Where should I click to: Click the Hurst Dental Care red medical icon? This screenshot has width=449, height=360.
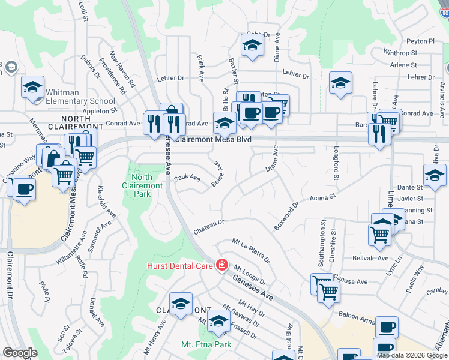(x=222, y=265)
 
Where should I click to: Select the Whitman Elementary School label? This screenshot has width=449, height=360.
(x=80, y=97)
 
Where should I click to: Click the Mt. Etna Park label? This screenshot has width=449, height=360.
(x=206, y=345)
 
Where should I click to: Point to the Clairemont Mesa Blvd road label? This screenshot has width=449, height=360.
(x=212, y=139)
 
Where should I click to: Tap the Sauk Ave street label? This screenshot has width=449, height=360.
(x=187, y=178)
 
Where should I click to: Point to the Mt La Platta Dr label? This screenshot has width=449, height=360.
(x=252, y=250)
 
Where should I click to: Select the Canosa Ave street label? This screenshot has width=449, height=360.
(x=353, y=281)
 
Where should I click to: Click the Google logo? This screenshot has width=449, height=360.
(x=20, y=353)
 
